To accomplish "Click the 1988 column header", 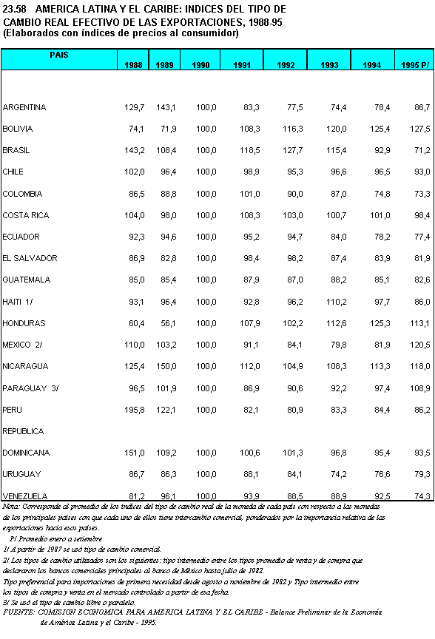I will [135, 65].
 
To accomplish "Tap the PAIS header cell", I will [60, 55].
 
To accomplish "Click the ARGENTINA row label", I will [24, 108].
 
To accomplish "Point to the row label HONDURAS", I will [24, 324].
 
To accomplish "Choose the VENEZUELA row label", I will [25, 496].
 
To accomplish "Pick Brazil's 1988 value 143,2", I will [135, 151].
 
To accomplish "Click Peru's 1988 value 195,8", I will [135, 410].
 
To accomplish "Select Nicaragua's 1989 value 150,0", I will [165, 367].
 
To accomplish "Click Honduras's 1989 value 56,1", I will [166, 324].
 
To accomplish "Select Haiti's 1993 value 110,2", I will [336, 302].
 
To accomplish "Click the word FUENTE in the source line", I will [20, 612].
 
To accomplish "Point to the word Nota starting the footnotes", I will [11, 507].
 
